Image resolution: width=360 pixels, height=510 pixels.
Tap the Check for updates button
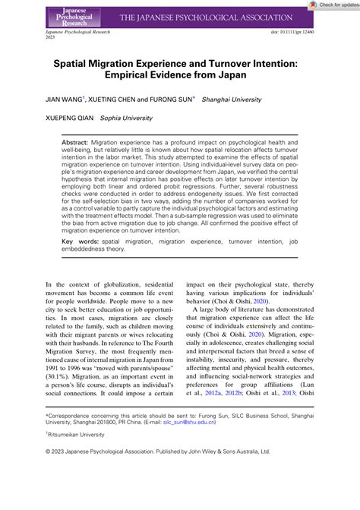(335, 5)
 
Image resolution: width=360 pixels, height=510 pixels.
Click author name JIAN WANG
(55, 99)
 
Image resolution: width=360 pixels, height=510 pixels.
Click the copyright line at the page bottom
(179, 471)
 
